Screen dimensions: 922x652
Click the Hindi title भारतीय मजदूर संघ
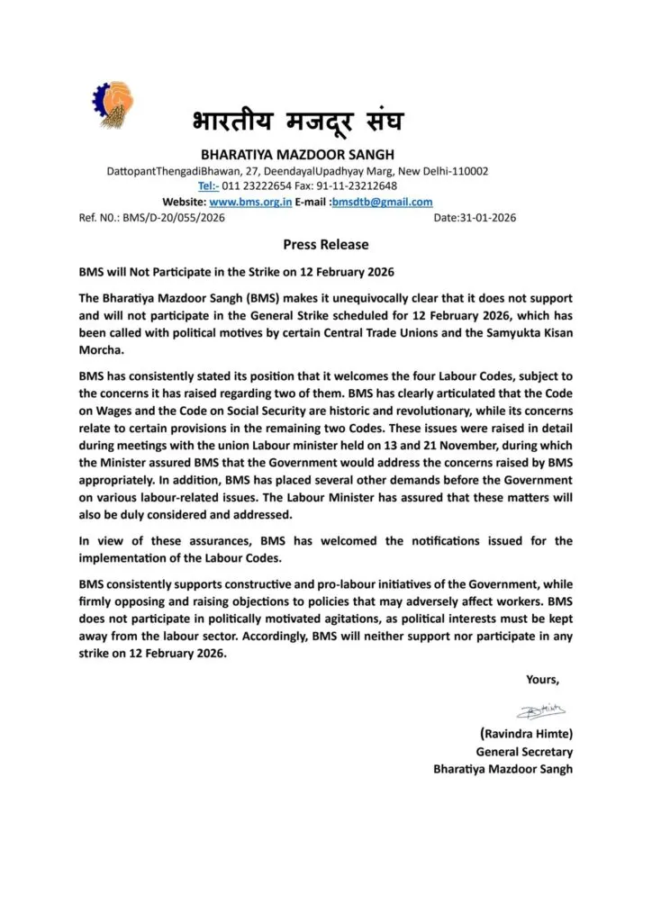tap(298, 124)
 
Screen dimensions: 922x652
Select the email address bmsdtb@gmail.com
tap(382, 202)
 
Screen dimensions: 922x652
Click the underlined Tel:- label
tap(207, 185)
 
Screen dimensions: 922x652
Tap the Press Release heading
tap(325, 244)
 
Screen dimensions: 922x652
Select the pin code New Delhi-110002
tap(448, 170)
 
